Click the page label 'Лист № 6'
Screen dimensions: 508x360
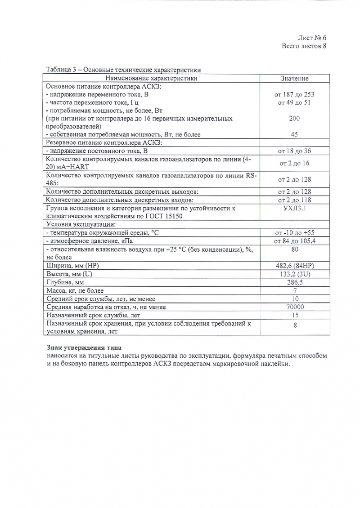[x=311, y=38]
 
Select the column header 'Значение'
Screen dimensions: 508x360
[x=294, y=78]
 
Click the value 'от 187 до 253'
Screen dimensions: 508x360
[x=294, y=94]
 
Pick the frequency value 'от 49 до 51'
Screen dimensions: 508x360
[x=294, y=102]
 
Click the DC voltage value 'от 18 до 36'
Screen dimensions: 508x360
[x=294, y=151]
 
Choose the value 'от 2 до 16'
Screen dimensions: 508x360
[x=294, y=163]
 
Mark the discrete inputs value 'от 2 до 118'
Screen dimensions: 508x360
[x=294, y=200]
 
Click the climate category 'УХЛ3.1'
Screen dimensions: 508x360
[x=294, y=208]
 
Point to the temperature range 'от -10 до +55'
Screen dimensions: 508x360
[x=294, y=232]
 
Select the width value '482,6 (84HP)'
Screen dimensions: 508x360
[x=294, y=265]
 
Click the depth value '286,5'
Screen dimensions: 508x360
[x=295, y=282]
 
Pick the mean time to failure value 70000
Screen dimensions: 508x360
[x=295, y=307]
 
